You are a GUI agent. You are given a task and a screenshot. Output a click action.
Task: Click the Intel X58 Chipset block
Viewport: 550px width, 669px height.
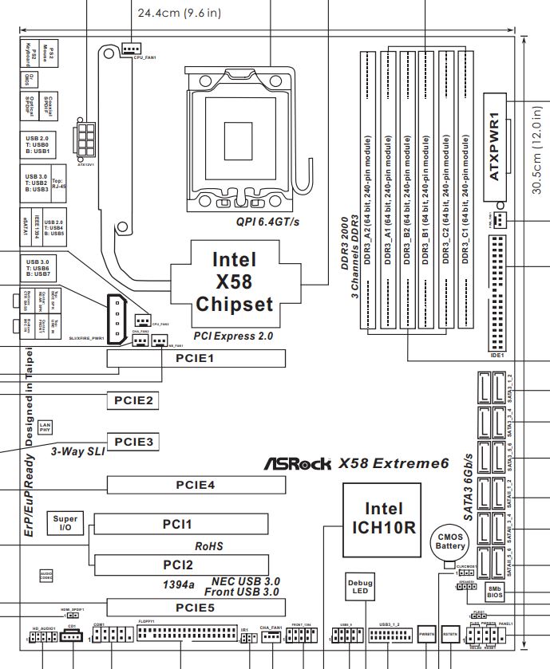pos(235,281)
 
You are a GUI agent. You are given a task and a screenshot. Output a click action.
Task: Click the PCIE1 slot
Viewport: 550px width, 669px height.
pos(196,360)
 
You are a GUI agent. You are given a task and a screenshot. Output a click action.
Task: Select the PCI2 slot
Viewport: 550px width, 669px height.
pos(180,564)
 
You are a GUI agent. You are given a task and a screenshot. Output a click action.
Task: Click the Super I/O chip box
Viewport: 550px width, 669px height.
pos(65,523)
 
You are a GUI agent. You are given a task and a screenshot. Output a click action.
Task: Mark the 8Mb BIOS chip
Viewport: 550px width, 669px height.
pos(495,593)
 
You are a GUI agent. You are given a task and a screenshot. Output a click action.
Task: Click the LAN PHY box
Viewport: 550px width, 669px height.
pos(46,427)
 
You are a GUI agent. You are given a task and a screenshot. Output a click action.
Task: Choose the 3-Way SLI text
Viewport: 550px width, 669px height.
pos(77,451)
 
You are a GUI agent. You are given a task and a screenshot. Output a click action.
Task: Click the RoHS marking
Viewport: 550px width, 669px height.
pos(208,547)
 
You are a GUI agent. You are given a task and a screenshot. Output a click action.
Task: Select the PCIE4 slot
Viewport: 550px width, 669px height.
pos(196,485)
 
